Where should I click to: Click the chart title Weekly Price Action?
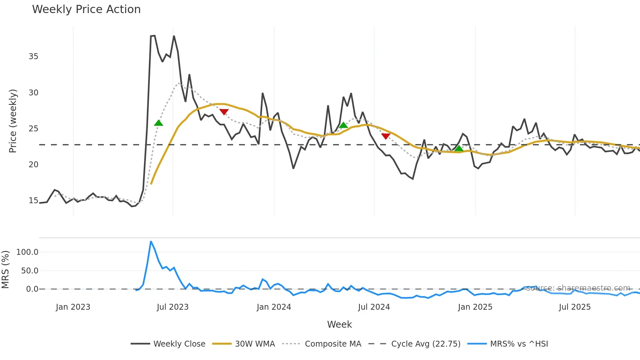click(86, 9)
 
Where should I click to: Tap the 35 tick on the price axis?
click(33, 57)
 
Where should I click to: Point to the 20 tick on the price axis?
click(33, 165)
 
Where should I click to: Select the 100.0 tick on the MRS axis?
click(27, 252)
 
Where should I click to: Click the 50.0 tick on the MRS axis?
click(30, 271)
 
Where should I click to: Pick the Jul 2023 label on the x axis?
click(173, 307)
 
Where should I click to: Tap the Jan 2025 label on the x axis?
click(475, 307)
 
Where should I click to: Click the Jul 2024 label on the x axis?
click(374, 307)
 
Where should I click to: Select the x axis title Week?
click(339, 324)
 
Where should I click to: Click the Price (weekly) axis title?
click(13, 121)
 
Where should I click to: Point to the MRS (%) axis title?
click(5, 270)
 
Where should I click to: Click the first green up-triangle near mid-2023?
click(158, 123)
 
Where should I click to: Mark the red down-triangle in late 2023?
click(224, 112)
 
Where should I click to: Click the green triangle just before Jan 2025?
click(459, 149)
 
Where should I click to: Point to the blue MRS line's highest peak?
click(151, 242)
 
